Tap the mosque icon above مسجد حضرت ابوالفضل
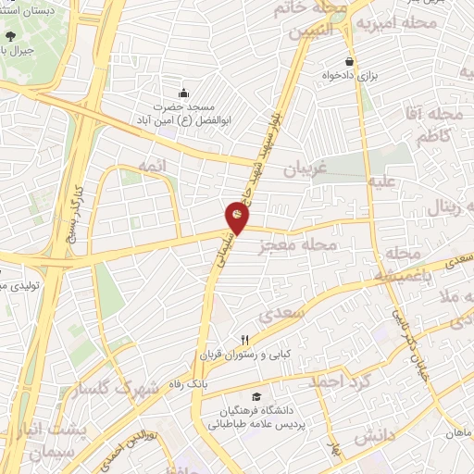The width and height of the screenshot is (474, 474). tap(182, 93)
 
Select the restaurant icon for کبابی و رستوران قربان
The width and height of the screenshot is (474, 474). tap(245, 340)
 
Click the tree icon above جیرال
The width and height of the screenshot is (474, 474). tap(10, 36)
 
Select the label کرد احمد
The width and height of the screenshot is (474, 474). tap(341, 381)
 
